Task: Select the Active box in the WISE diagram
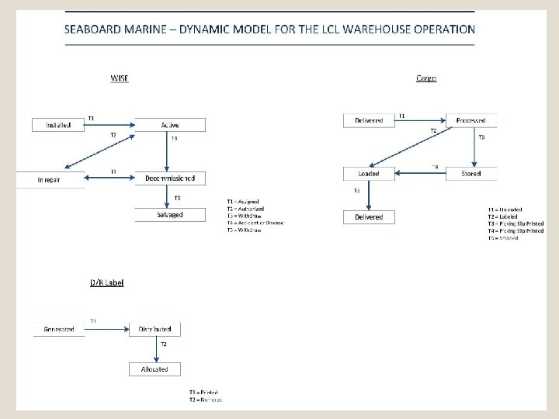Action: [x=170, y=124]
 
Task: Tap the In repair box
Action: [x=51, y=178]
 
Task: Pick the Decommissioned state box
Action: [x=170, y=178]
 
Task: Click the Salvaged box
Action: [x=170, y=215]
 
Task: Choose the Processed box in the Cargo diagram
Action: [x=471, y=120]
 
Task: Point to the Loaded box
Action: [x=369, y=174]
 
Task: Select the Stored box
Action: [x=471, y=174]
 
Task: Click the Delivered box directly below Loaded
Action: [x=369, y=217]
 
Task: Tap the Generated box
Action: [x=59, y=329]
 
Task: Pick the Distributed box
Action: [x=155, y=329]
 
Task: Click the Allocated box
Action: [x=155, y=369]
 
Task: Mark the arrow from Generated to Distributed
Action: [x=108, y=329]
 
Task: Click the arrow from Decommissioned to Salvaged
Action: [x=170, y=196]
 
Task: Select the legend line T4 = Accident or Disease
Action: [x=255, y=223]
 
